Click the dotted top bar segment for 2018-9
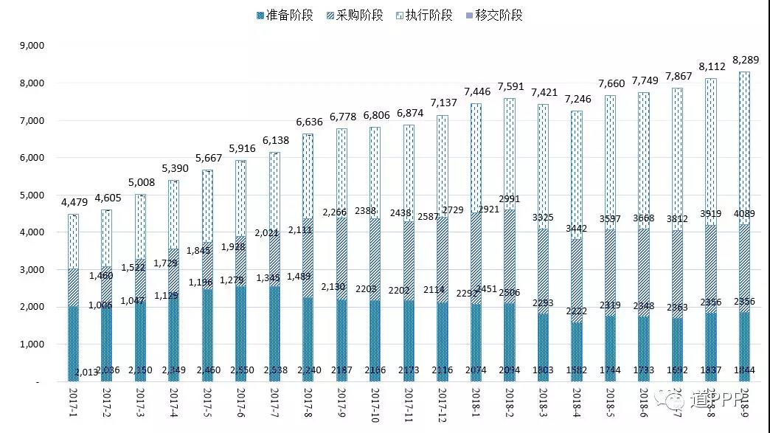click(744, 148)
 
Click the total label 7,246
click(577, 99)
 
